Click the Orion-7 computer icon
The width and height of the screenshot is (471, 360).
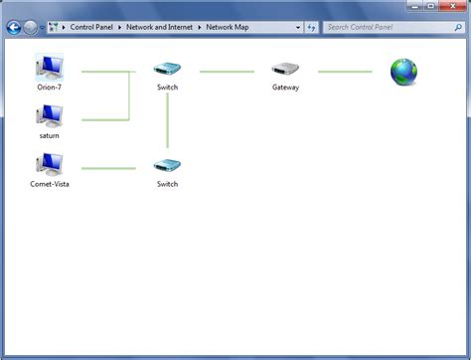49,68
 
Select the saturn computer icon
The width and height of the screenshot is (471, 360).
49,116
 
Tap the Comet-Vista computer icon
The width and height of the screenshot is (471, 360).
49,164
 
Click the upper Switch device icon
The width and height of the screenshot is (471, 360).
167,70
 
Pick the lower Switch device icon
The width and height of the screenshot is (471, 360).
167,166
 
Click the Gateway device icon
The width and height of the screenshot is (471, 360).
285,70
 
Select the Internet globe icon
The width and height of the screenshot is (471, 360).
403,72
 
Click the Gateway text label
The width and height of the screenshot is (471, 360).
285,88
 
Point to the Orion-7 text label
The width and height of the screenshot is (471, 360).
49,88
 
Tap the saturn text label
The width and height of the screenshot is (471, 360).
49,135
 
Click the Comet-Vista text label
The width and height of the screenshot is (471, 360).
49,184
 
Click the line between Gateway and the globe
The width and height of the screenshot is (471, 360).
345,72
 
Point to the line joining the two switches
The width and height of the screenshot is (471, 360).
167,120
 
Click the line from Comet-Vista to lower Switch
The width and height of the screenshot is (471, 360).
108,168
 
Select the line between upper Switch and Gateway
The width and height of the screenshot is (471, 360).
227,72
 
